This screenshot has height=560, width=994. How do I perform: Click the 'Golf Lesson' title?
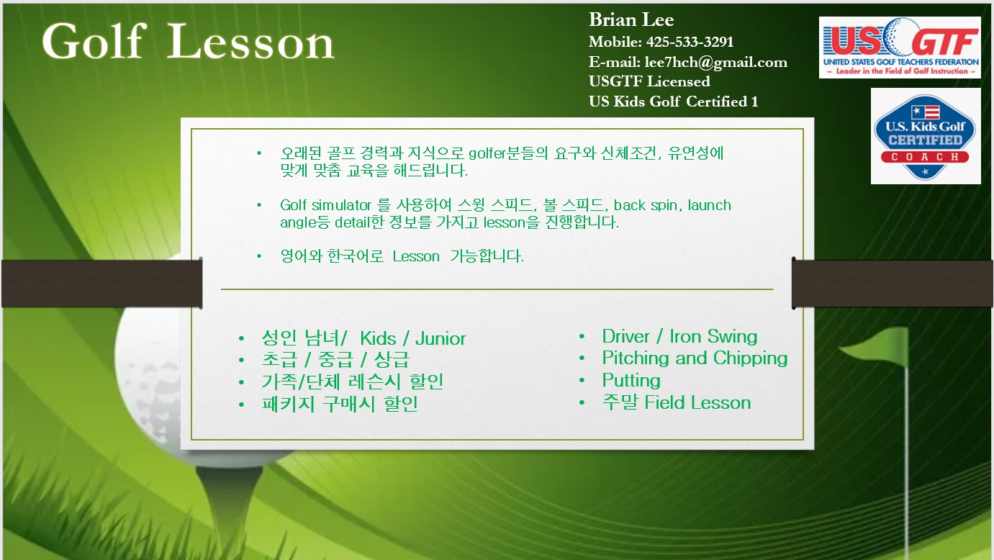tap(188, 41)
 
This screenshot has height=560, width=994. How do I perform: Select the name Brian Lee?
tap(631, 19)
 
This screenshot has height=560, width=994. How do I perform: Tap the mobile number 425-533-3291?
tap(690, 42)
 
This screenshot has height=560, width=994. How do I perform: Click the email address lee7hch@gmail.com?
tap(715, 62)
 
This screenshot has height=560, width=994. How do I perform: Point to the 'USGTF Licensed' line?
tap(649, 81)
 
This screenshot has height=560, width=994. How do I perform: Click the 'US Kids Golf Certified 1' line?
tap(673, 101)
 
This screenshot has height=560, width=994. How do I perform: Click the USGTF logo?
tap(900, 48)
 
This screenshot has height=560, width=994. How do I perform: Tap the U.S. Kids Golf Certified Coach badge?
tap(925, 136)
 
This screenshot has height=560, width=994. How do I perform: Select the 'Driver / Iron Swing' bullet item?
tap(679, 336)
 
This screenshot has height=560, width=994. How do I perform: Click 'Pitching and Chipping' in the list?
tap(695, 358)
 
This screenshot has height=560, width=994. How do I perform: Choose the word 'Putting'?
tap(631, 380)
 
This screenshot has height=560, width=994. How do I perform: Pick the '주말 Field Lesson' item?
tap(677, 402)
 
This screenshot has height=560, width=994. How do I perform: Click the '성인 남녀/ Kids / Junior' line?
tap(364, 338)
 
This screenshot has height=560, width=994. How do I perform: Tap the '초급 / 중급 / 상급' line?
tap(335, 359)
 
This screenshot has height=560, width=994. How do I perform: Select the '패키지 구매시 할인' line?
tap(340, 404)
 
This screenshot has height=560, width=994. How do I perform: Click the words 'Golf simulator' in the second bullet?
tap(325, 205)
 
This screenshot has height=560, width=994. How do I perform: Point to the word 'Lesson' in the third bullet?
tap(416, 256)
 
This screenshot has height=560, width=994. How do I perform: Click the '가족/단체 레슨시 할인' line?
tap(353, 381)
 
